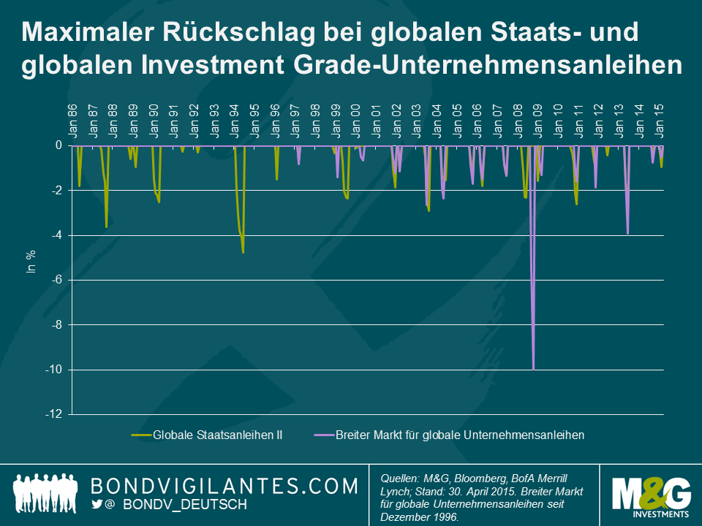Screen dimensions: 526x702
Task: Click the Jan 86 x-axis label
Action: [73, 120]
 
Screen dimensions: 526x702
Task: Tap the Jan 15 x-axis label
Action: [660, 120]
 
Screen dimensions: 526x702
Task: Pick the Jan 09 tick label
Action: [537, 120]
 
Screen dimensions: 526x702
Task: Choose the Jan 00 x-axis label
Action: [356, 120]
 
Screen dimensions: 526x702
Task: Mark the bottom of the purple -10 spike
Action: [534, 369]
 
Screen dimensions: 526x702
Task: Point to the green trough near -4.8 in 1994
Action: [243, 252]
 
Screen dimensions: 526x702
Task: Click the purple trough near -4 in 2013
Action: [627, 233]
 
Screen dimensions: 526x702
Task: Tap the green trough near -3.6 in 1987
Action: [107, 227]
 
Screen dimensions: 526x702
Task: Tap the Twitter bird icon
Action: [97, 504]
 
